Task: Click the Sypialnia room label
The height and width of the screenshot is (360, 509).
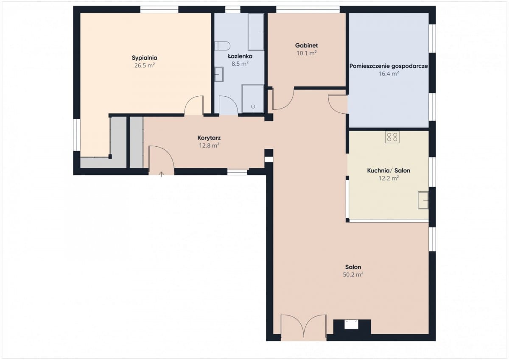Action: click(145, 58)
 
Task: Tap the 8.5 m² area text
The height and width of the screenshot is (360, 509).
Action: click(240, 64)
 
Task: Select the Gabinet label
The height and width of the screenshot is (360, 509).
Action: click(306, 45)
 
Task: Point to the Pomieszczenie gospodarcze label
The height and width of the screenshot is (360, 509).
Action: click(389, 66)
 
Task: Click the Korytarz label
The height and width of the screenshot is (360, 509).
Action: click(209, 138)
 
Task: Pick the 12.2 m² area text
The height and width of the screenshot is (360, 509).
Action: click(389, 178)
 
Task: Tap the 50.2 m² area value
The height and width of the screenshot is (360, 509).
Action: click(353, 275)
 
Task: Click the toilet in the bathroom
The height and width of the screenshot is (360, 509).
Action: click(222, 46)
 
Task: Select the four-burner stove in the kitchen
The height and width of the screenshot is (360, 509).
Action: click(392, 137)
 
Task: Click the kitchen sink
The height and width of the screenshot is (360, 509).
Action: click(423, 200)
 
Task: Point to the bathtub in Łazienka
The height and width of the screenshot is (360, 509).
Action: click(256, 32)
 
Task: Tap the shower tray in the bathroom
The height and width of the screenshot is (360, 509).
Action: click(253, 99)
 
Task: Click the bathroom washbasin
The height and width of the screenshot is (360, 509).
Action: click(219, 74)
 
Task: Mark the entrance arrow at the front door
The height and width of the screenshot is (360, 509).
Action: click(161, 174)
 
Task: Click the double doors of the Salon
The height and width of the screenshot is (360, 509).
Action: click(304, 327)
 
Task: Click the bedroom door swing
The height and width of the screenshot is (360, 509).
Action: click(193, 106)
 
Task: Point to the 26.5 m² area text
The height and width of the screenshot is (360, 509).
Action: click(145, 66)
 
